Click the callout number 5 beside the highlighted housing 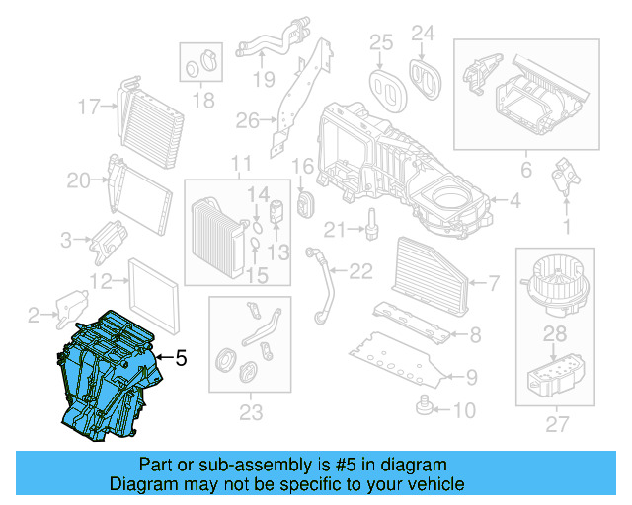point(181,360)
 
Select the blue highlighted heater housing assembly point(104,374)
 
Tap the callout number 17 point(90,106)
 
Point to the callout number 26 point(246,121)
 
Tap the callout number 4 point(513,201)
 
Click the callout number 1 point(566,226)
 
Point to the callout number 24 point(423,36)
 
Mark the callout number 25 point(381,40)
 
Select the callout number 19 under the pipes point(261,79)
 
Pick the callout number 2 point(33,315)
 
